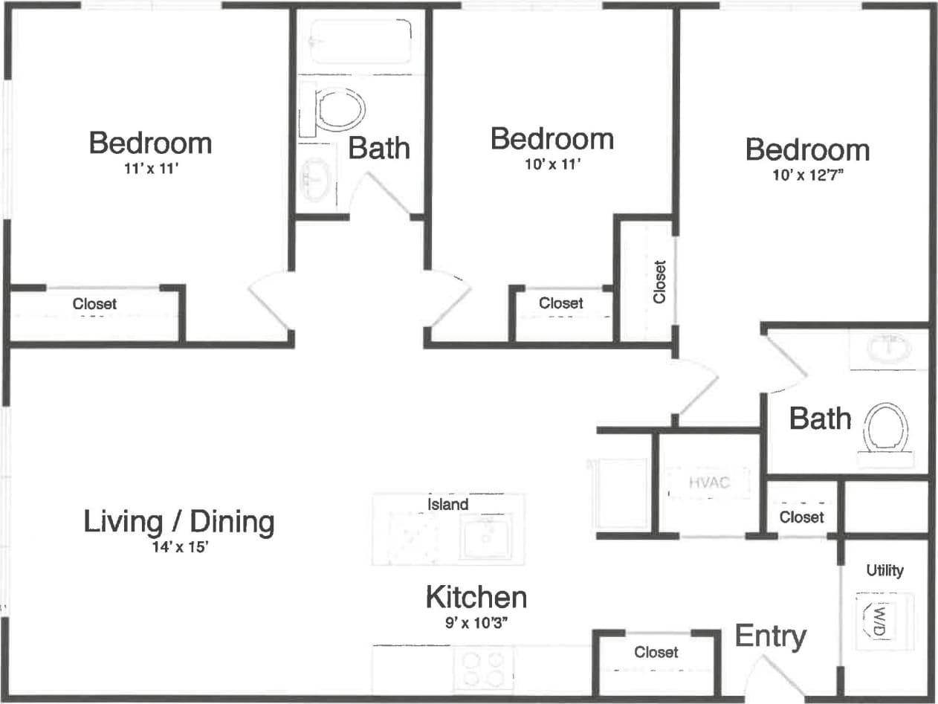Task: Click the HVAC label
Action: click(709, 482)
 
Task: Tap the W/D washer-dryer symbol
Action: click(880, 619)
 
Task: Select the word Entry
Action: click(770, 636)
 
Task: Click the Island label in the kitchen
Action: click(447, 504)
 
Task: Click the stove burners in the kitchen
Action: click(484, 668)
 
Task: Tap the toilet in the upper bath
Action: click(340, 109)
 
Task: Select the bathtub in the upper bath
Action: click(360, 40)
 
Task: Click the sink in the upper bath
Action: click(316, 178)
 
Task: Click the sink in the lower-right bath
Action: click(889, 347)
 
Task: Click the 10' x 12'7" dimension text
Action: click(807, 177)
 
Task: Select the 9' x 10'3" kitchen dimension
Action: click(476, 624)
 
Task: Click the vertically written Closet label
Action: click(659, 281)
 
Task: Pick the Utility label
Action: click(884, 570)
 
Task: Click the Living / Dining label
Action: click(178, 522)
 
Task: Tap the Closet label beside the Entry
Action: click(656, 652)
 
